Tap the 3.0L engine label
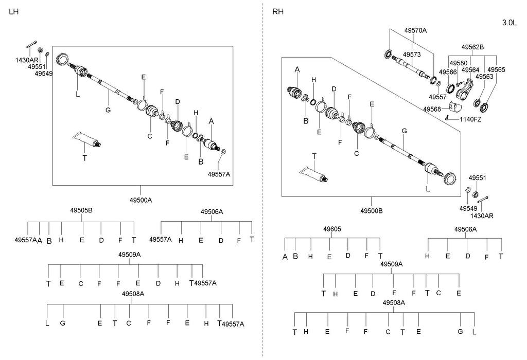[510, 23]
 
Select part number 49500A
[140, 200]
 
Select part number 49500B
[371, 211]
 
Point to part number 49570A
[415, 31]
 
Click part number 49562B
[472, 47]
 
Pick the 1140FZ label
[470, 119]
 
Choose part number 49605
[332, 229]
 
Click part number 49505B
[81, 210]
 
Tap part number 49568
[432, 109]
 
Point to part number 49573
[412, 54]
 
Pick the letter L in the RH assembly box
[428, 189]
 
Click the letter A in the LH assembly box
[210, 121]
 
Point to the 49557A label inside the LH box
[219, 174]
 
